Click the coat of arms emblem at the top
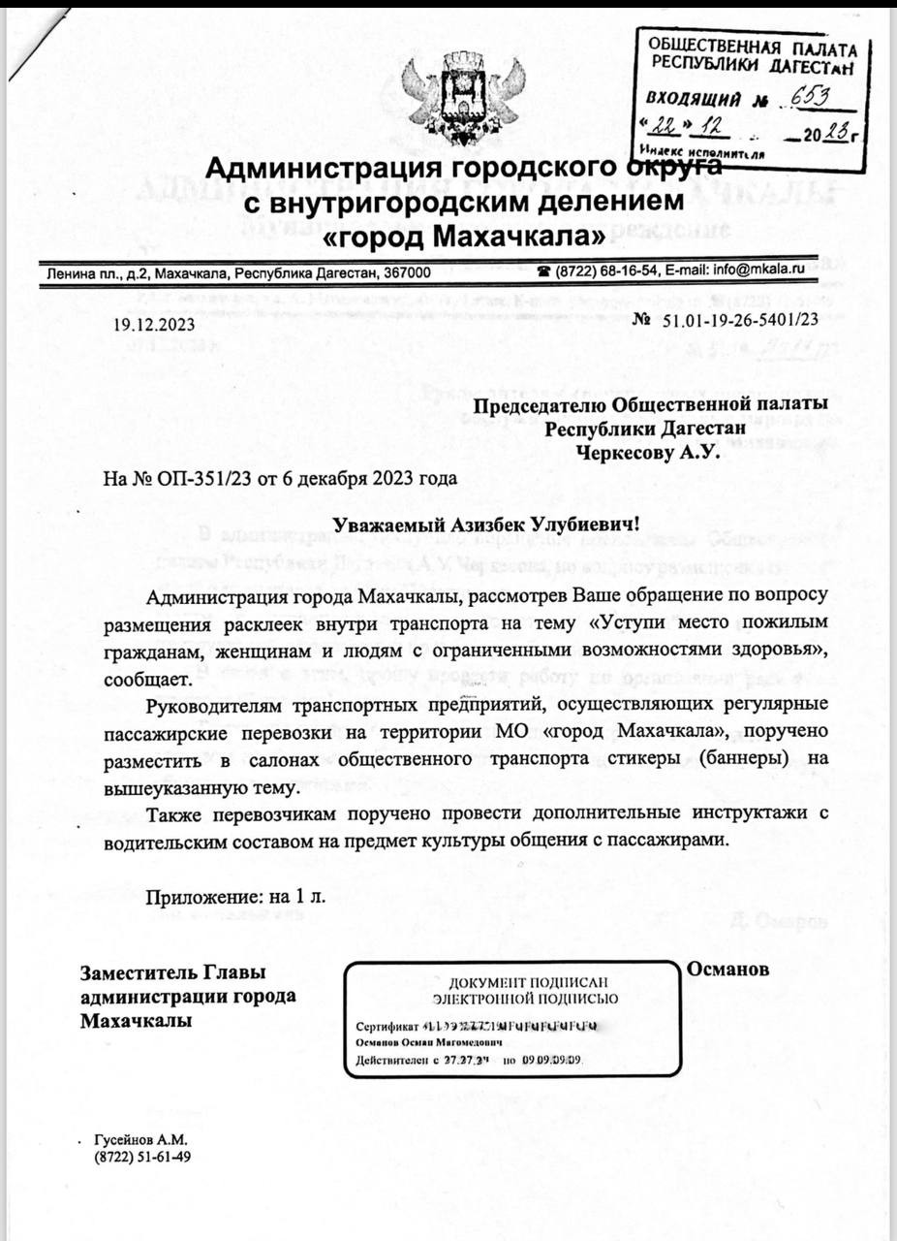pyautogui.click(x=464, y=98)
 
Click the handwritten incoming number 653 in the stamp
pyautogui.click(x=810, y=97)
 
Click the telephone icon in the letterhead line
pyautogui.click(x=545, y=270)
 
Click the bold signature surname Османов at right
pyautogui.click(x=727, y=969)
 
